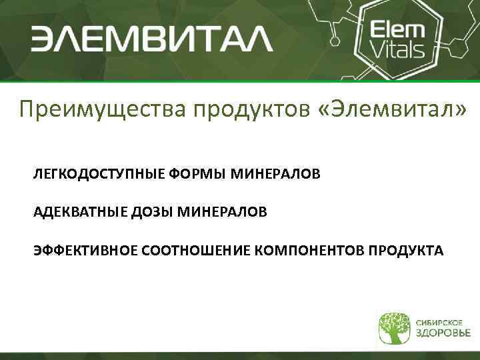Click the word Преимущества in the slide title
tap(103, 109)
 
